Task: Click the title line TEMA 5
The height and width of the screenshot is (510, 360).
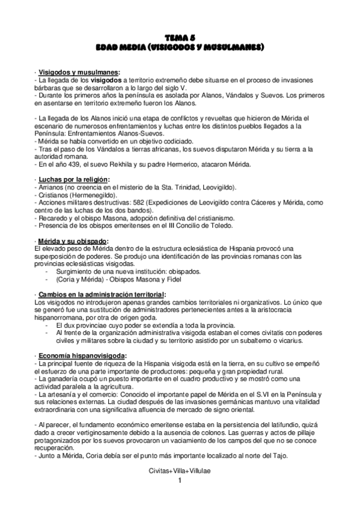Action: click(x=180, y=37)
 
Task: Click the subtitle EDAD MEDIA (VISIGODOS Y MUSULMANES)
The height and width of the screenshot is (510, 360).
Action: click(x=180, y=46)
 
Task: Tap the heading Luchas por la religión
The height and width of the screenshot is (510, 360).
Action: click(x=74, y=180)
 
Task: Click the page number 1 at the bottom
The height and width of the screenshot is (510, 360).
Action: click(x=180, y=483)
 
